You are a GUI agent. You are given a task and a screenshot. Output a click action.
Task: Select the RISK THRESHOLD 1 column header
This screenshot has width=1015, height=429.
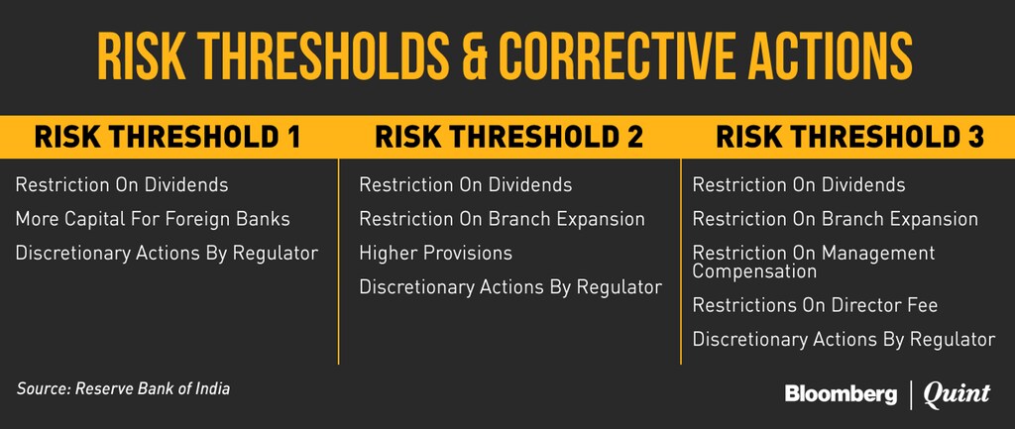point(168,137)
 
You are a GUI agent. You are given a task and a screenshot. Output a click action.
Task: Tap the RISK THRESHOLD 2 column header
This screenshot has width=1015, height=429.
point(508,137)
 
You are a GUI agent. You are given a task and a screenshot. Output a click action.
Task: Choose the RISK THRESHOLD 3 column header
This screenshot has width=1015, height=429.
point(849,137)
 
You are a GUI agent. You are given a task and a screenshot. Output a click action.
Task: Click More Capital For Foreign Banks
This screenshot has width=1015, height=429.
point(153,219)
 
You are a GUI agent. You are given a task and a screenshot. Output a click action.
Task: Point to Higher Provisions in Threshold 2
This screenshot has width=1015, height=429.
point(436,253)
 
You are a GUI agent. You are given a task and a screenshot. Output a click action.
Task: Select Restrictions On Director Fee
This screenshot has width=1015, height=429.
point(815,305)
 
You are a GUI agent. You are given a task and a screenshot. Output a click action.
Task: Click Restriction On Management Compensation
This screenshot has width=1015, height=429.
point(814,262)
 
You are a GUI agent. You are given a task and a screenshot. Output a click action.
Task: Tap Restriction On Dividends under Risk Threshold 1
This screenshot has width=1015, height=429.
point(122,185)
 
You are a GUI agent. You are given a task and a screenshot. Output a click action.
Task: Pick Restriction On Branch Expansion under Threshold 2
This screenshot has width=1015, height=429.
point(502,219)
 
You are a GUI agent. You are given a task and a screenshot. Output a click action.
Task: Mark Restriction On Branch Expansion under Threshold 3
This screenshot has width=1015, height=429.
point(835,219)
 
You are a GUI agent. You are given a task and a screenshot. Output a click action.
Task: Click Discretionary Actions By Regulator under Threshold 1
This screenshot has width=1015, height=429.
point(167,253)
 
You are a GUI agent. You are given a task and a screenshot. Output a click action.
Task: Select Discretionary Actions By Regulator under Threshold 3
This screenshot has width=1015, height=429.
point(844,339)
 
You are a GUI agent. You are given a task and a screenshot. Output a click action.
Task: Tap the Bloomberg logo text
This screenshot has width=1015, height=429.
point(841,394)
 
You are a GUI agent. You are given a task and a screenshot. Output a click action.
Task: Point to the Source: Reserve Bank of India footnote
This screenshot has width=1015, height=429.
point(123,389)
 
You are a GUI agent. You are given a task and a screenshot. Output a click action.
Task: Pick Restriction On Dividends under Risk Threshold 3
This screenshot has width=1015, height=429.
point(799,185)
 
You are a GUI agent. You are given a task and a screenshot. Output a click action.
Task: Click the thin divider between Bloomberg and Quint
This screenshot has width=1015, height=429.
point(911,395)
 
